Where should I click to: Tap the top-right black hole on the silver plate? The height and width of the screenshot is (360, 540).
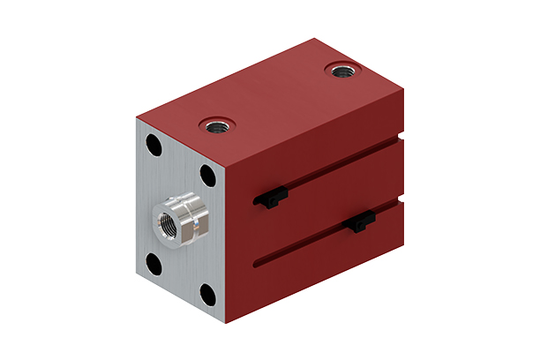coord(208,175)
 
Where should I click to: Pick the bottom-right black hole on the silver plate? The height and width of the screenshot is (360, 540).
coord(208,293)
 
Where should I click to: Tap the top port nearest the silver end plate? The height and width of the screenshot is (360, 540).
coord(214,126)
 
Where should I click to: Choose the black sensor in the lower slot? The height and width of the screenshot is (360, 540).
coord(361,223)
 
